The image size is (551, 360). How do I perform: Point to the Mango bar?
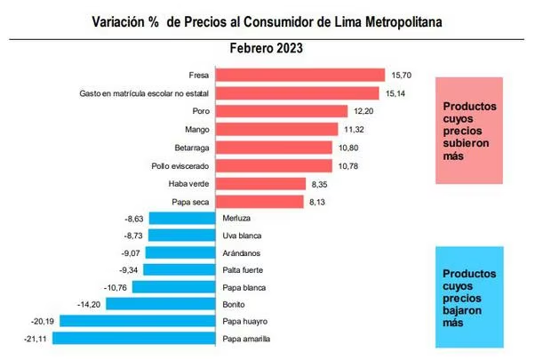(x=277, y=130)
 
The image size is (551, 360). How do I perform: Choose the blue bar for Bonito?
(x=160, y=304)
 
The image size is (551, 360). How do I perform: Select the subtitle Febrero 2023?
(x=266, y=49)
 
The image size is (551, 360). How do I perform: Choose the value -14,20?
(x=91, y=304)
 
